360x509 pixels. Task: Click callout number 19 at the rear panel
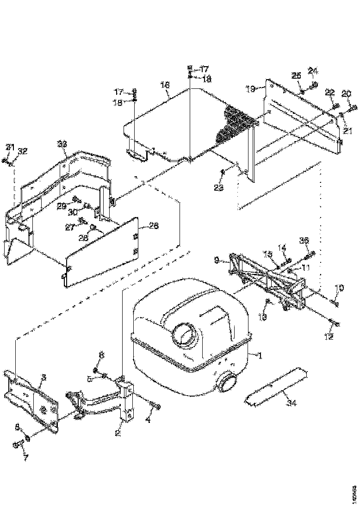pyautogui.click(x=250, y=89)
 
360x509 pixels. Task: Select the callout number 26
pyautogui.click(x=154, y=226)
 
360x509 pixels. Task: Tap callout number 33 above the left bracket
pyautogui.click(x=62, y=144)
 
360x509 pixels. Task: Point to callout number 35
pyautogui.click(x=304, y=240)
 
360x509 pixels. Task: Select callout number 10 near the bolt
pyautogui.click(x=339, y=288)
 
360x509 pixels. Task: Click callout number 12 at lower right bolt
pyautogui.click(x=328, y=337)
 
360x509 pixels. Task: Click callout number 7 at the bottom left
pyautogui.click(x=25, y=458)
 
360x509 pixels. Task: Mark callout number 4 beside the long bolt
pyautogui.click(x=148, y=421)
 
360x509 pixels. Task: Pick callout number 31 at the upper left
pyautogui.click(x=8, y=147)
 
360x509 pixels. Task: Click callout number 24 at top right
pyautogui.click(x=313, y=71)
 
